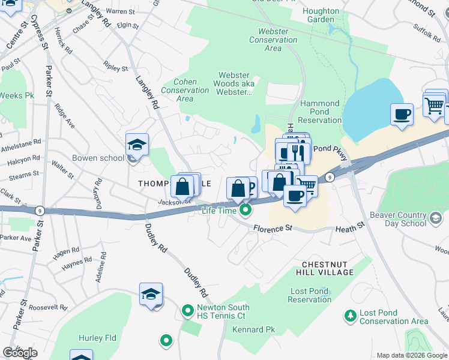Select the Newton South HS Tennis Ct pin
click(x=188, y=311)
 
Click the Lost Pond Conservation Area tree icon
click(x=350, y=314)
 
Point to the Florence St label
click(x=272, y=229)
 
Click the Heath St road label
click(x=350, y=229)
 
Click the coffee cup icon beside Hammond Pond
click(x=402, y=113)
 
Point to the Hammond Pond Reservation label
click(x=320, y=112)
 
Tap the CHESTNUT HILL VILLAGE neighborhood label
click(x=328, y=268)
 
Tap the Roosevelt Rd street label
click(x=47, y=307)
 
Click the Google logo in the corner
click(x=20, y=352)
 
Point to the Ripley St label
click(x=115, y=68)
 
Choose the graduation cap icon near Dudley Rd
click(x=151, y=295)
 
